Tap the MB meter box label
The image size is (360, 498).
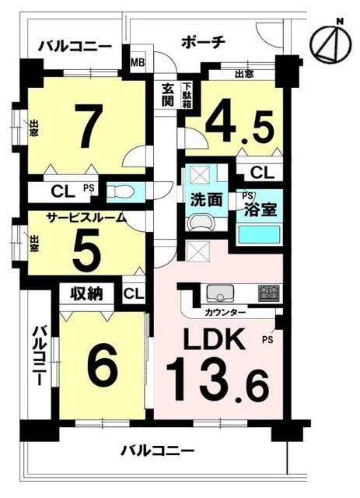(137, 63)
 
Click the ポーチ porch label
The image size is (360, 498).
(204, 42)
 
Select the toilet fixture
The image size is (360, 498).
(121, 191)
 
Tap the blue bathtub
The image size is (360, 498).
(258, 233)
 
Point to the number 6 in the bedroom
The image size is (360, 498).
(101, 362)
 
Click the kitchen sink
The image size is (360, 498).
(219, 294)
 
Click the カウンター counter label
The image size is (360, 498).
(226, 312)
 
